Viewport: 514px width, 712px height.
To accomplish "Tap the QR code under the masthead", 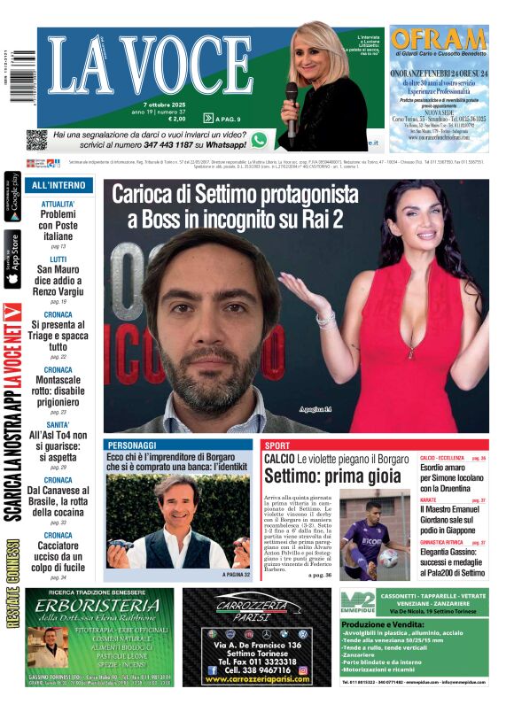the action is pyautogui.click(x=36, y=139).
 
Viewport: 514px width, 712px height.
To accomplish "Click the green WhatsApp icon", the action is pyautogui.click(x=259, y=139).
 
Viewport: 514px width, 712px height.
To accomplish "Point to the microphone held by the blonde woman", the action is pyautogui.click(x=292, y=97).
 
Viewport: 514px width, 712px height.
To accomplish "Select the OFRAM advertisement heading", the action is pyautogui.click(x=439, y=41).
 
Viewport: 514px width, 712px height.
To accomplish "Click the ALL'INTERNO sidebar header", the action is pyautogui.click(x=58, y=185).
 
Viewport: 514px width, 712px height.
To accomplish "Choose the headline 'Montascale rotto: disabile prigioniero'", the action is pyautogui.click(x=58, y=389).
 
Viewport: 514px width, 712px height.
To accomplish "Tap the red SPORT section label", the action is pyautogui.click(x=277, y=445).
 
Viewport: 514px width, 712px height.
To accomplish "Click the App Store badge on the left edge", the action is pyautogui.click(x=12, y=259).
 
